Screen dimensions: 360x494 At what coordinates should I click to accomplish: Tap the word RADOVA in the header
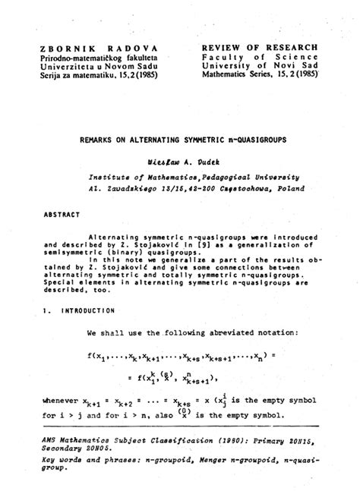point(129,48)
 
